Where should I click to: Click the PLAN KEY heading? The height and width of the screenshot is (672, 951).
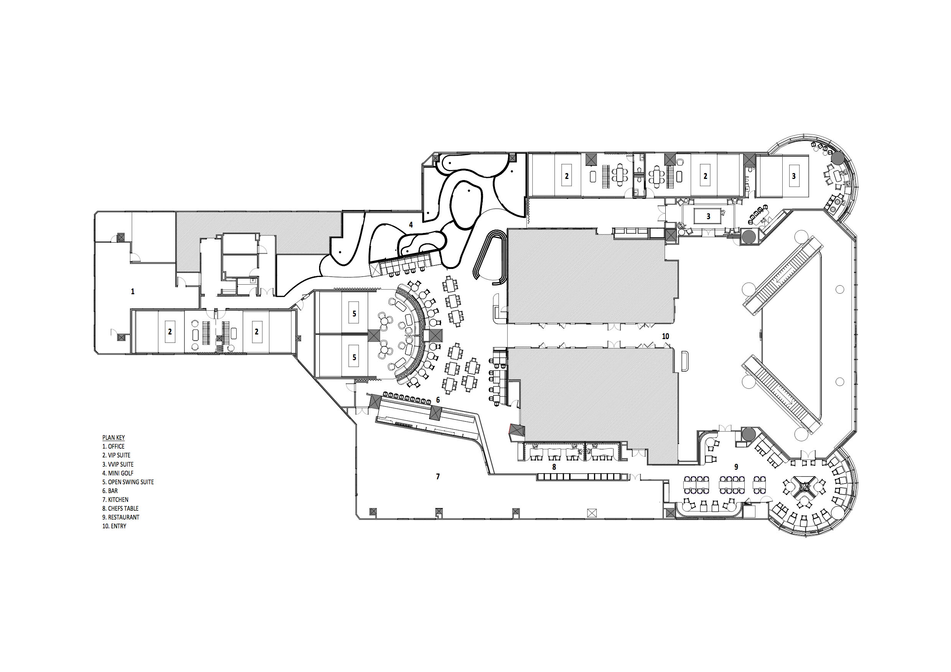point(114,438)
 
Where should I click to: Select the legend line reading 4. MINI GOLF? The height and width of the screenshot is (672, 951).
point(118,473)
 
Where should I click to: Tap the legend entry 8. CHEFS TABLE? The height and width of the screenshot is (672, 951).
point(120,508)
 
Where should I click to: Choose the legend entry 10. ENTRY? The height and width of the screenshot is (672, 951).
point(114,526)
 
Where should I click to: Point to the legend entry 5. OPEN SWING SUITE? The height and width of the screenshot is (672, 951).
point(128,482)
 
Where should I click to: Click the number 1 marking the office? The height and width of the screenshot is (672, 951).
point(133,292)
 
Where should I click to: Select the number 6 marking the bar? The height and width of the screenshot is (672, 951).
point(438,400)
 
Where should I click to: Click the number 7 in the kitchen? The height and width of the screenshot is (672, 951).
point(438,477)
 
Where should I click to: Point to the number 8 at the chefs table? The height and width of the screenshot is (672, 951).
point(554,467)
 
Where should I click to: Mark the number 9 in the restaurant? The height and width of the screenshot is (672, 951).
point(736,467)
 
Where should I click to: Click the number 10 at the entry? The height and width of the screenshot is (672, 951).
point(666,336)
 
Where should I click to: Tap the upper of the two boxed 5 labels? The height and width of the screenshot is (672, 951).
point(354,314)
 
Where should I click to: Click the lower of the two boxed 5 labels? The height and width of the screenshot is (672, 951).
point(354,357)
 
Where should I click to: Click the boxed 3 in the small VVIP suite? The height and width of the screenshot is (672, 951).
point(708,216)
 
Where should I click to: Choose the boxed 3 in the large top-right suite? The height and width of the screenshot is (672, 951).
point(794,176)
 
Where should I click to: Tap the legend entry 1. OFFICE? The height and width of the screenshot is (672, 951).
point(114,446)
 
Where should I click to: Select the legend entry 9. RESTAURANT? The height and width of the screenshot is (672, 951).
point(121,517)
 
